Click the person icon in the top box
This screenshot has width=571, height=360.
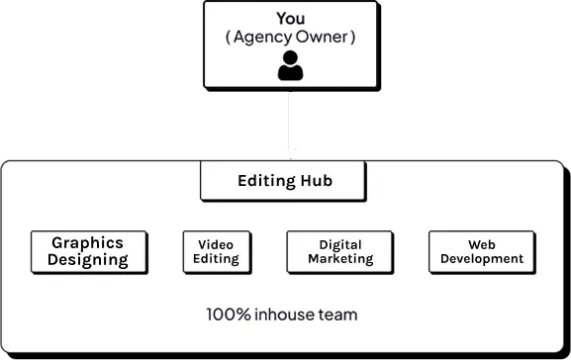pos(290,66)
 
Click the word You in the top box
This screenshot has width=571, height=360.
pos(290,19)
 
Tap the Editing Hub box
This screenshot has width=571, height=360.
pos(283,181)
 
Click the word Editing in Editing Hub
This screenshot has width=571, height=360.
pos(266,181)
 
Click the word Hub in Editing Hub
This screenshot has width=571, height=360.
pos(316,181)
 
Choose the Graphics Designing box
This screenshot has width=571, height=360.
pos(89,252)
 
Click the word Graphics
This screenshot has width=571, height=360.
pos(87,242)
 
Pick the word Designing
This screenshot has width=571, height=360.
pos(89,261)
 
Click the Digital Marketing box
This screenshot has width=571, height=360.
pos(340,252)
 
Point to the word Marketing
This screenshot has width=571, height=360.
pos(340,259)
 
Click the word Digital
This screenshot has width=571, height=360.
pos(340,244)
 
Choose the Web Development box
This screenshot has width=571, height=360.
pos(482,252)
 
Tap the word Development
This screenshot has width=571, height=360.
pos(482,259)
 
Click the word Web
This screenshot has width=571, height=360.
pos(482,244)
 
